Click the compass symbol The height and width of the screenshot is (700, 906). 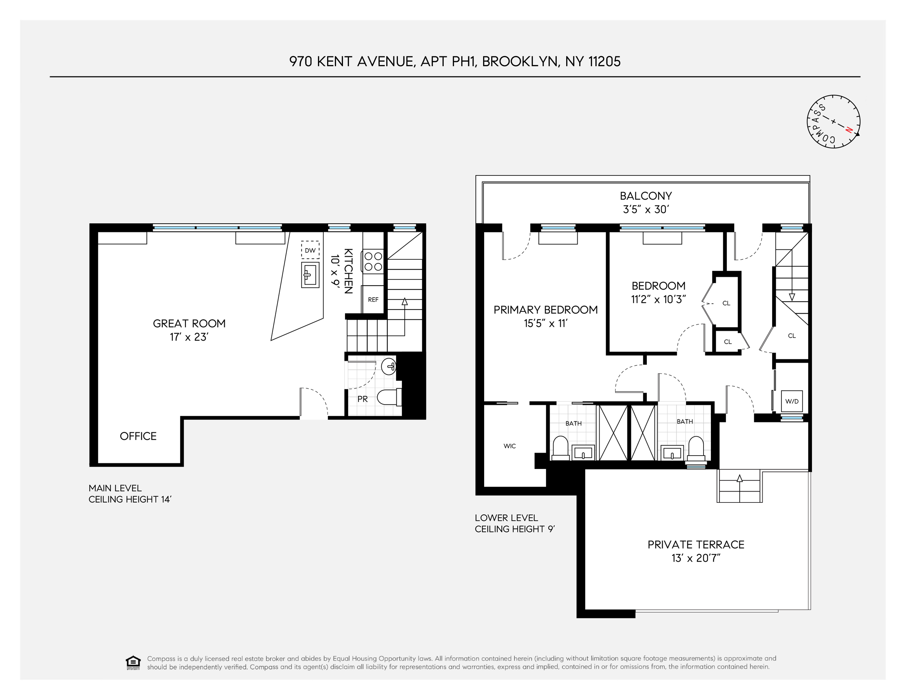tap(833, 121)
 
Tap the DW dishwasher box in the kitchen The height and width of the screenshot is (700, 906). tap(310, 250)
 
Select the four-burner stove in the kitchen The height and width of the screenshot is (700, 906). tap(373, 261)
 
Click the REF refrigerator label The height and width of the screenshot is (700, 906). tap(373, 300)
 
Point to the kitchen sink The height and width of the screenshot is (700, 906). tap(310, 275)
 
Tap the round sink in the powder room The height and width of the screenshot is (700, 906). tap(389, 367)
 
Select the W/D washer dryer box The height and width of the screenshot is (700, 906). tap(792, 401)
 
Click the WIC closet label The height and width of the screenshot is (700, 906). tap(510, 446)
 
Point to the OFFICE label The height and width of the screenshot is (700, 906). tap(138, 436)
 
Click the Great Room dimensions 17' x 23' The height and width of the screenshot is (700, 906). tap(189, 337)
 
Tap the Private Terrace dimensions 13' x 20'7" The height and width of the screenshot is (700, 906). tap(696, 558)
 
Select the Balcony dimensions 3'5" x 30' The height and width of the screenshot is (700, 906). tap(645, 209)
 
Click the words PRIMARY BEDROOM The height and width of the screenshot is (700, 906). tap(545, 310)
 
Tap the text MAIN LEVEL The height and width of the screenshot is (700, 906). tap(115, 488)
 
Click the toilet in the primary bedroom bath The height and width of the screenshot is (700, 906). tap(561, 448)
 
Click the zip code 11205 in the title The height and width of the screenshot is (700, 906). tap(605, 61)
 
